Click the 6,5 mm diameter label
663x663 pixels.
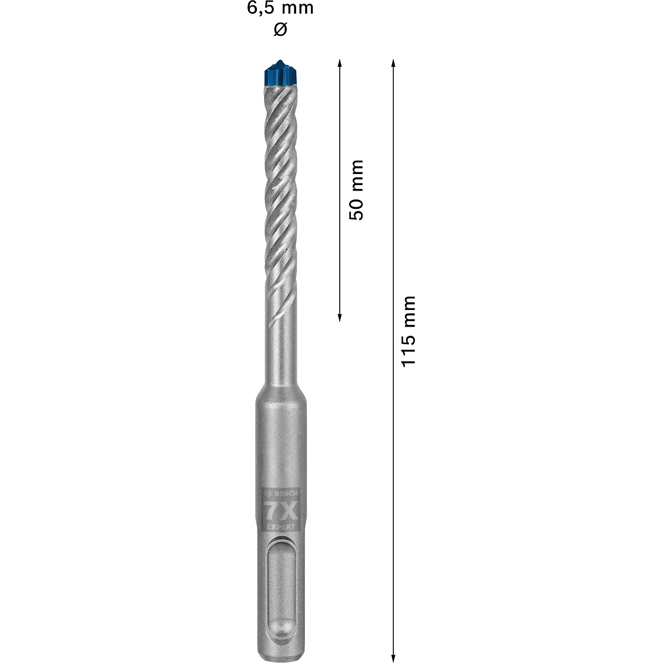280,8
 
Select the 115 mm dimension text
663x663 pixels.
408,331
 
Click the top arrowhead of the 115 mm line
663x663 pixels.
393,62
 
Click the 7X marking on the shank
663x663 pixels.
280,507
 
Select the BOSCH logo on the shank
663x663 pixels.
282,493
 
